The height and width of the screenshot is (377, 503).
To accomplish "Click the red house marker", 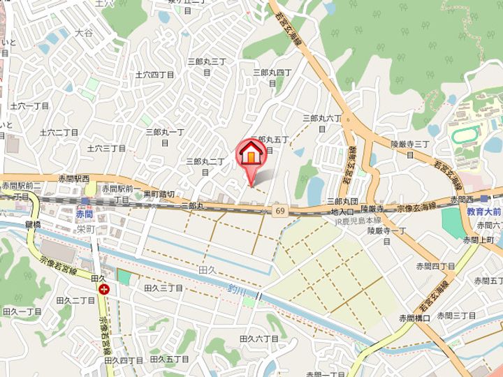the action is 250,154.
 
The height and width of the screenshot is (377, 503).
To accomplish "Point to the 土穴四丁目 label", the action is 154,74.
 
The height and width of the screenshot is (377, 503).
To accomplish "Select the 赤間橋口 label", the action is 415,318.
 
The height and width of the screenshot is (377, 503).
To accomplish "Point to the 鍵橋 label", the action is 34,223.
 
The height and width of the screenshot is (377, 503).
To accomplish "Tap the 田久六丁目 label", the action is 258,338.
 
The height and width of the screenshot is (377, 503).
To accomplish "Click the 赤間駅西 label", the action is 75,179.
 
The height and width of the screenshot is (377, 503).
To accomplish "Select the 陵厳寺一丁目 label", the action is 386,230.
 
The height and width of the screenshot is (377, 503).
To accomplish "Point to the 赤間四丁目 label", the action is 435,265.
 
